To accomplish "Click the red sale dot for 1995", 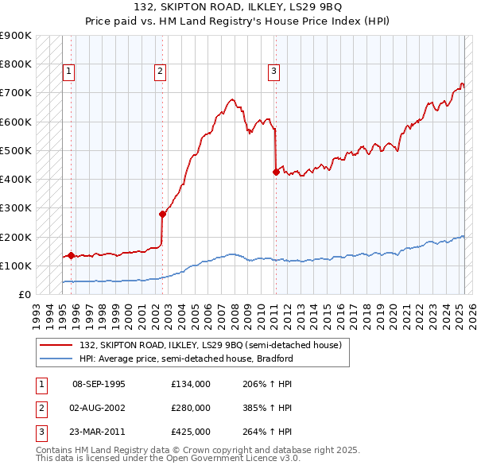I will [x=71, y=256].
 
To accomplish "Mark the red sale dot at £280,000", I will [x=162, y=214].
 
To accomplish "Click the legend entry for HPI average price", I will [x=186, y=359].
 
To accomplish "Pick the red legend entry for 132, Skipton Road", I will [x=210, y=345].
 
